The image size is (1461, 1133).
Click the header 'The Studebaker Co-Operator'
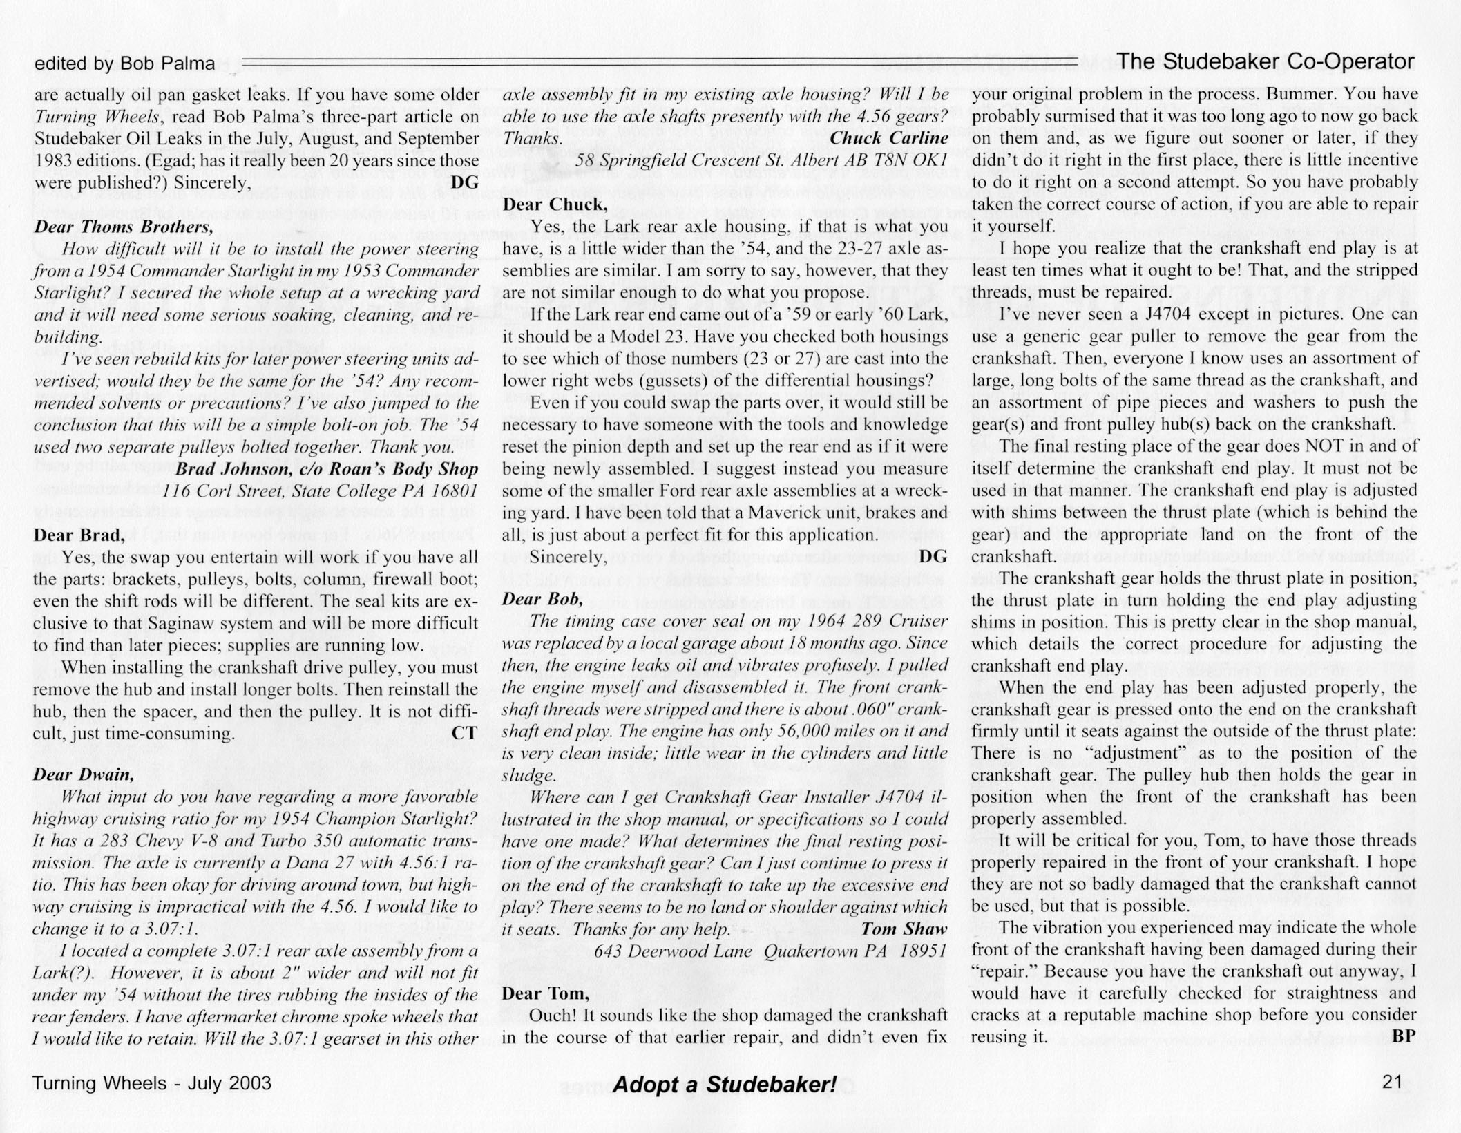point(1266,62)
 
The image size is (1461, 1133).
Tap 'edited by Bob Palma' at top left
point(124,64)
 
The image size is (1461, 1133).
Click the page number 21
point(1393,1081)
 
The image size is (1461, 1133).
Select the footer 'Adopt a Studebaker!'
point(725,1085)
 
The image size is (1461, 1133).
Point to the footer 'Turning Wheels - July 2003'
point(152,1083)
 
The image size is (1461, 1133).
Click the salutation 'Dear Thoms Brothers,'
point(124,227)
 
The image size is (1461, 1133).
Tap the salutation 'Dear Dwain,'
point(83,774)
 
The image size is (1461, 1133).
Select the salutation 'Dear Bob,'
point(542,599)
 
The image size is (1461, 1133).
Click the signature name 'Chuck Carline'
point(889,138)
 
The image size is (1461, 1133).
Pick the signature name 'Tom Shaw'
point(904,929)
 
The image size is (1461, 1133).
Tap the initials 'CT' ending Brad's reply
point(464,733)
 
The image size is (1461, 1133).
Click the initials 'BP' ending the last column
point(1404,1036)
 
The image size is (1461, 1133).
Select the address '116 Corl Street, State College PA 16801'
point(321,491)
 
